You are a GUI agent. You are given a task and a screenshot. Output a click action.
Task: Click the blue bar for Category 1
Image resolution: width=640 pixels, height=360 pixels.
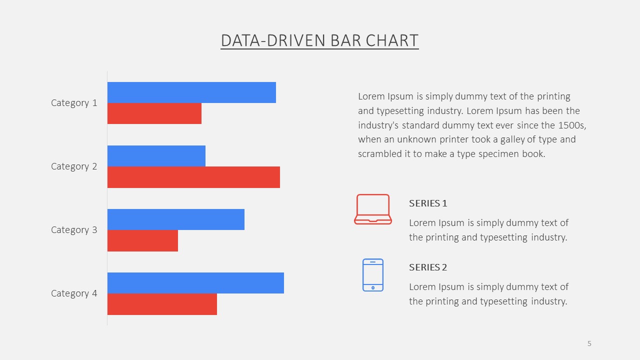tap(191, 92)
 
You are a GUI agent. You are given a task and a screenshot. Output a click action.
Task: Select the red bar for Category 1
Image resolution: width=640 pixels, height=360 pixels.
tap(154, 113)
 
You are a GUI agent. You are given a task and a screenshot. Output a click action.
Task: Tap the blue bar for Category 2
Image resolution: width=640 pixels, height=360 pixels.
tap(156, 156)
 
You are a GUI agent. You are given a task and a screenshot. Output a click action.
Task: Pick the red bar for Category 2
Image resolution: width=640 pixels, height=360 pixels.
tap(193, 177)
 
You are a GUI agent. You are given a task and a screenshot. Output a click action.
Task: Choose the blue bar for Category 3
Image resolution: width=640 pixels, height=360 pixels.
tap(176, 219)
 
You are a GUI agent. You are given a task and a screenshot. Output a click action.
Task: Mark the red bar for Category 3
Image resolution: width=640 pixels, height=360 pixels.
tap(142, 240)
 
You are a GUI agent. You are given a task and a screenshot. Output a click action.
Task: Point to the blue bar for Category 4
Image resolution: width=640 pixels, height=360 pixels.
tap(195, 283)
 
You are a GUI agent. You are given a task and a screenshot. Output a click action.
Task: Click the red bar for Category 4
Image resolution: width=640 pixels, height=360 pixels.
tap(162, 304)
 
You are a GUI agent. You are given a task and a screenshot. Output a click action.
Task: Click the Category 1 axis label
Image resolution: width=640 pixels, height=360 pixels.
tap(74, 103)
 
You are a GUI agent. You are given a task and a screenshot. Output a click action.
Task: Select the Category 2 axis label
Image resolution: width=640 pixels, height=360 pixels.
tap(74, 166)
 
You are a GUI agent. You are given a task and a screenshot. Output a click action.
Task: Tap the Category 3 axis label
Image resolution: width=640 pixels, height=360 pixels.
tap(74, 230)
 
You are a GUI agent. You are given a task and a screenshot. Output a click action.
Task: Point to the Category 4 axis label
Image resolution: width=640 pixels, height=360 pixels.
tap(74, 293)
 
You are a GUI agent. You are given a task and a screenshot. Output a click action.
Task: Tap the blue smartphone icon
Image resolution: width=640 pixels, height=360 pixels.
tap(363, 275)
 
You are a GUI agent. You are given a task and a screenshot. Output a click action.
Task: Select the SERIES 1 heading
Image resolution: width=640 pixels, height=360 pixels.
tap(428, 203)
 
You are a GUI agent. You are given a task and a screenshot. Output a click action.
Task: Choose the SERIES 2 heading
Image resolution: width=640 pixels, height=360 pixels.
tap(428, 267)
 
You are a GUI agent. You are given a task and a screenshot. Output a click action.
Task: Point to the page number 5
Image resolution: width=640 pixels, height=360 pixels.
tap(589, 343)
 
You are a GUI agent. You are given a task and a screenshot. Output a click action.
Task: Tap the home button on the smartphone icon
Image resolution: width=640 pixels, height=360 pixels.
tap(373, 287)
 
